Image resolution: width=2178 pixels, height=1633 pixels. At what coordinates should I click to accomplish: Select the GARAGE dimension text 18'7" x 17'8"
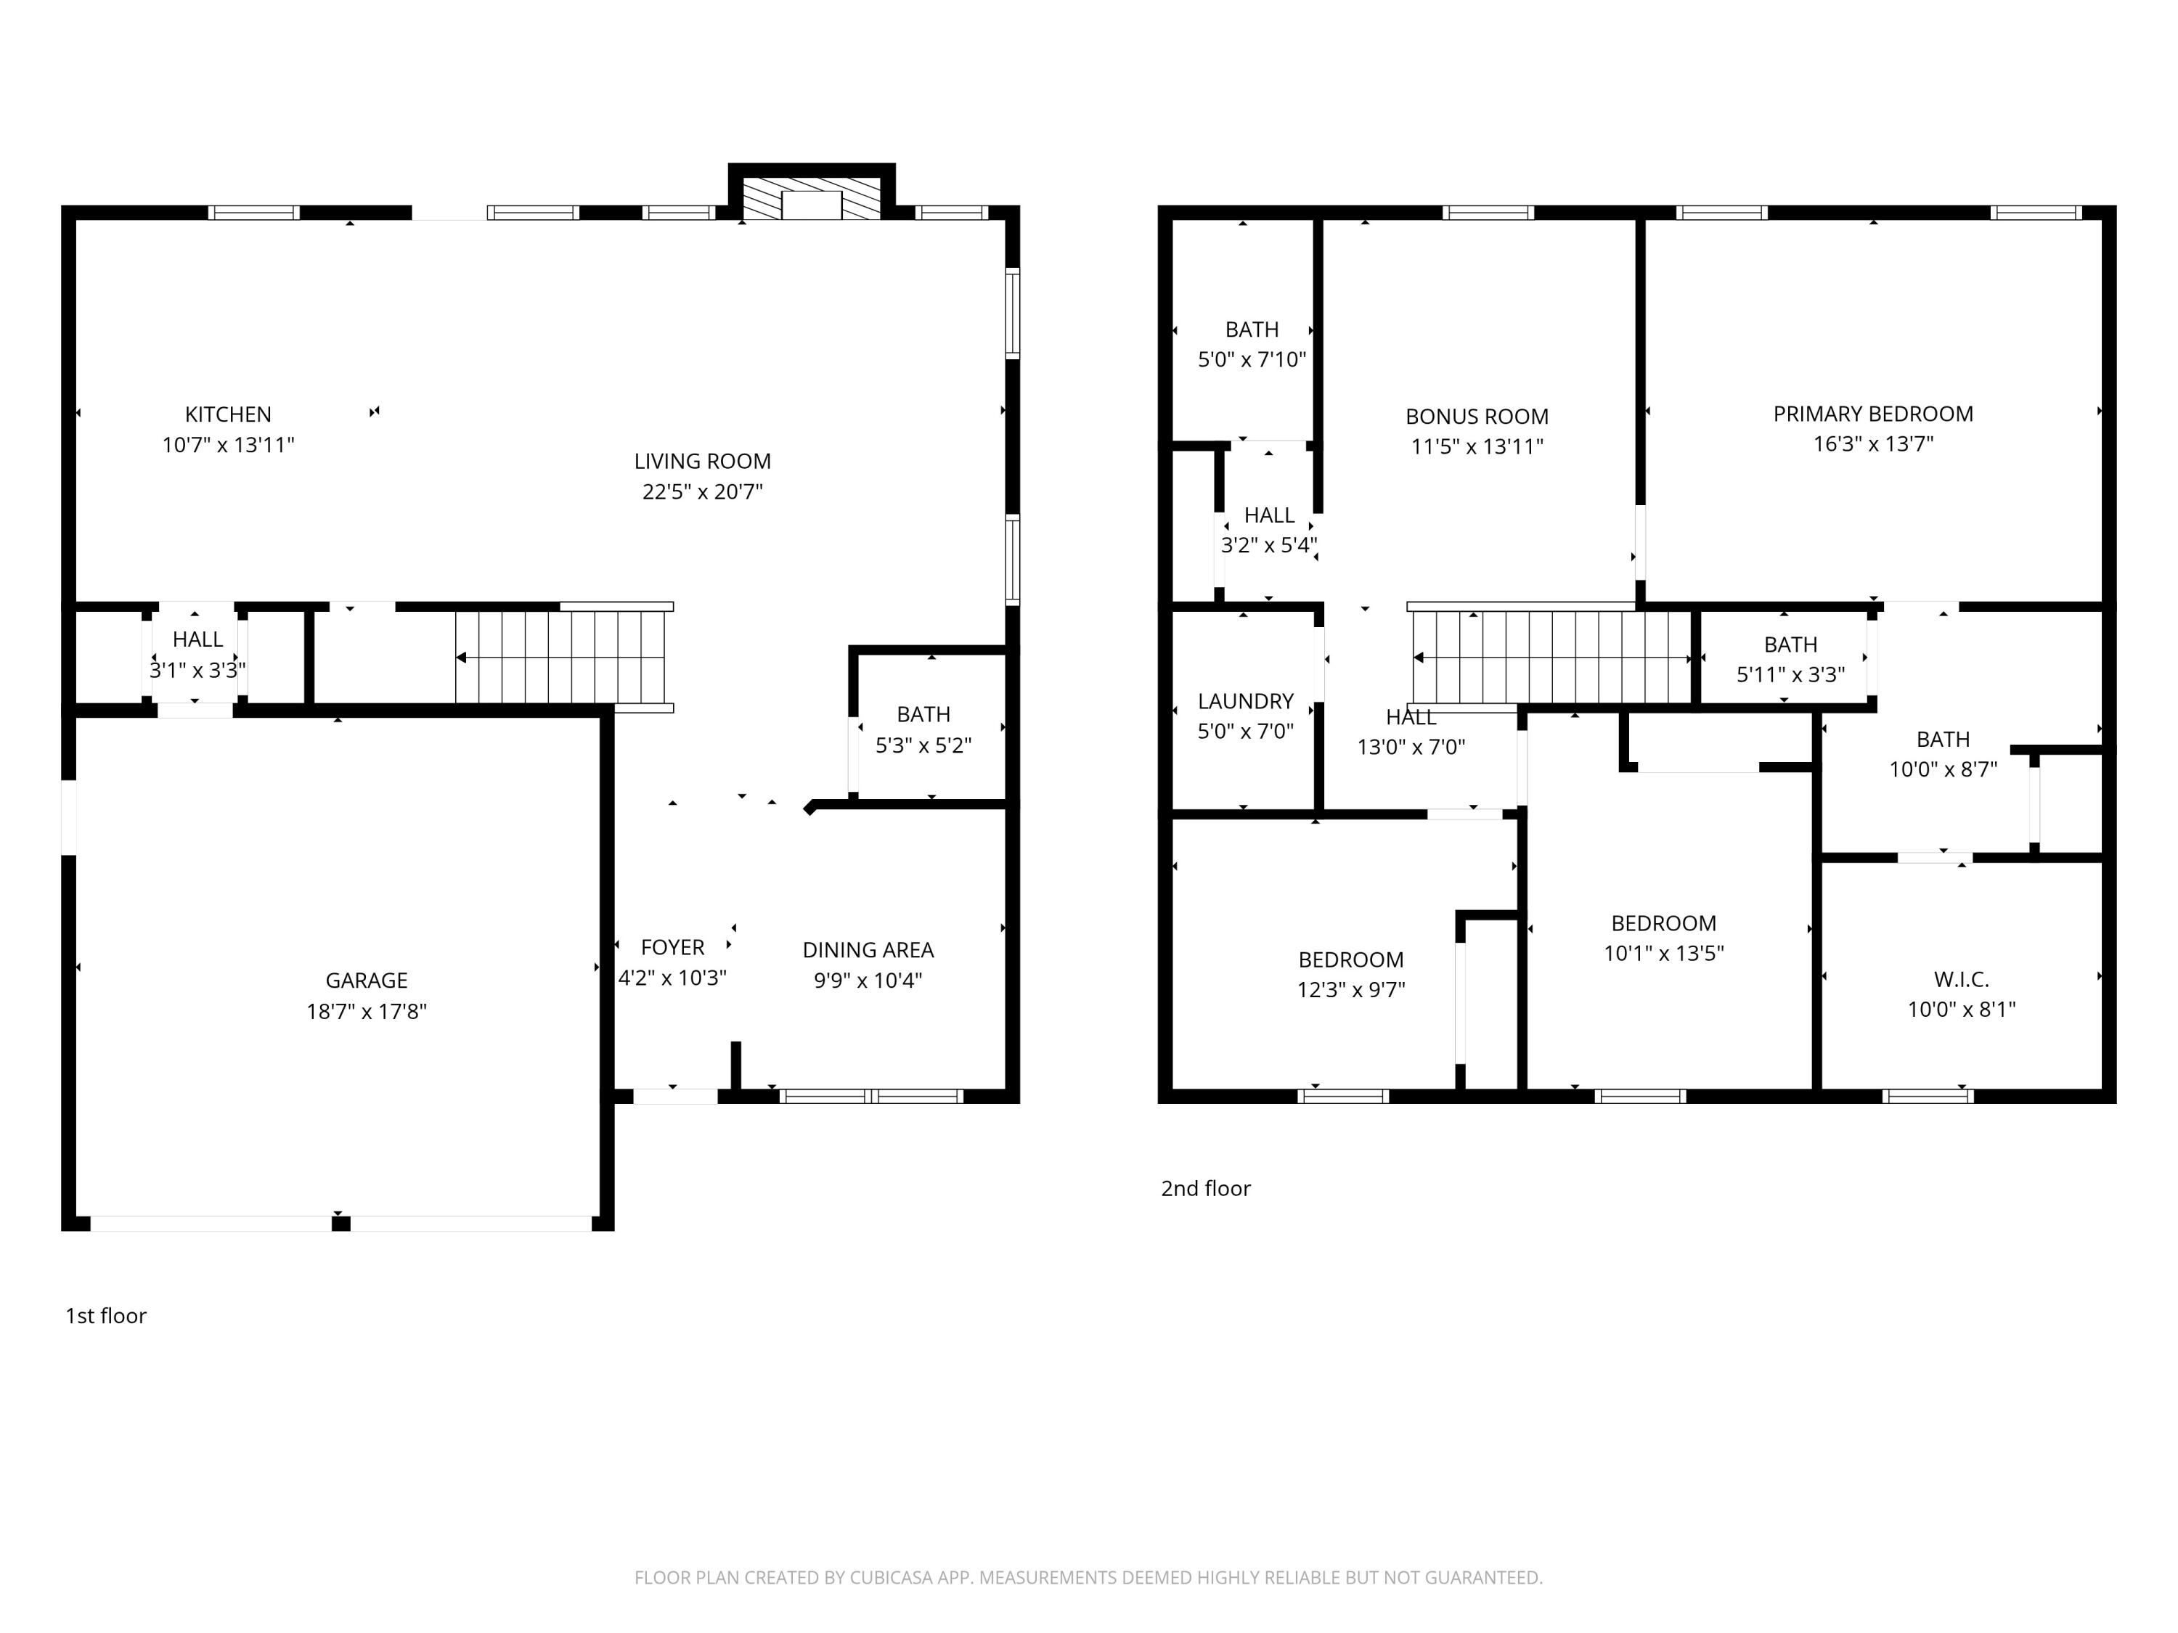click(x=367, y=1011)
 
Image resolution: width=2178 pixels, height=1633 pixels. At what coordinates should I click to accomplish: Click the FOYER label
click(x=672, y=947)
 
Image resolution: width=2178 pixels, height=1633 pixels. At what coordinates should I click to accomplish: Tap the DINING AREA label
click(x=868, y=950)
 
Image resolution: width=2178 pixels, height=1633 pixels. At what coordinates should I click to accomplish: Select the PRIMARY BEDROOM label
click(x=1873, y=414)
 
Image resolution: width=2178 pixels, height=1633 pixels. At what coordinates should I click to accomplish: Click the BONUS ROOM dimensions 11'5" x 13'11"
click(x=1476, y=446)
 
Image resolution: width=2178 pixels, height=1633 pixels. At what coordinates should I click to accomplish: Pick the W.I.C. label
click(x=1962, y=979)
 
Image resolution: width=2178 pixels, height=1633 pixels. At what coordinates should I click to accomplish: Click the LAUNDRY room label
click(x=1246, y=701)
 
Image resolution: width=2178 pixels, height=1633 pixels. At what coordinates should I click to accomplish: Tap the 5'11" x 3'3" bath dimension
click(x=1790, y=674)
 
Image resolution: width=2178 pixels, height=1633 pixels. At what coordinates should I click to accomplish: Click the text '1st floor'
click(x=105, y=1316)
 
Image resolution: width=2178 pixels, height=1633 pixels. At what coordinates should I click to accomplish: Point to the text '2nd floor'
click(x=1205, y=1188)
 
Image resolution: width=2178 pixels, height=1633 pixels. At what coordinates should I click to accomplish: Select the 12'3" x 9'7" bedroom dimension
click(x=1351, y=989)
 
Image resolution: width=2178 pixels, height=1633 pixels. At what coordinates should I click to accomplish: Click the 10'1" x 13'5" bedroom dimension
click(x=1663, y=953)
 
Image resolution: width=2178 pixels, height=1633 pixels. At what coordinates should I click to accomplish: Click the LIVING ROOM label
click(x=702, y=461)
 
